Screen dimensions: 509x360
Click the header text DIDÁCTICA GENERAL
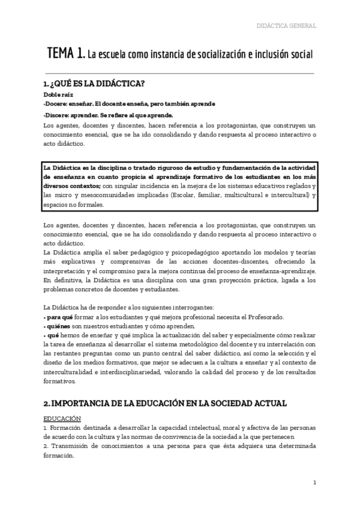(286, 26)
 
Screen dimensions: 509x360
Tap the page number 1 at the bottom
(315, 482)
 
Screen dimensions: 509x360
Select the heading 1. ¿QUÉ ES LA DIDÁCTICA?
(95, 83)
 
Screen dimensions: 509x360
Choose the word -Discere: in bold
(56, 115)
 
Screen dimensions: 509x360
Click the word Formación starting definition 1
(65, 427)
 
